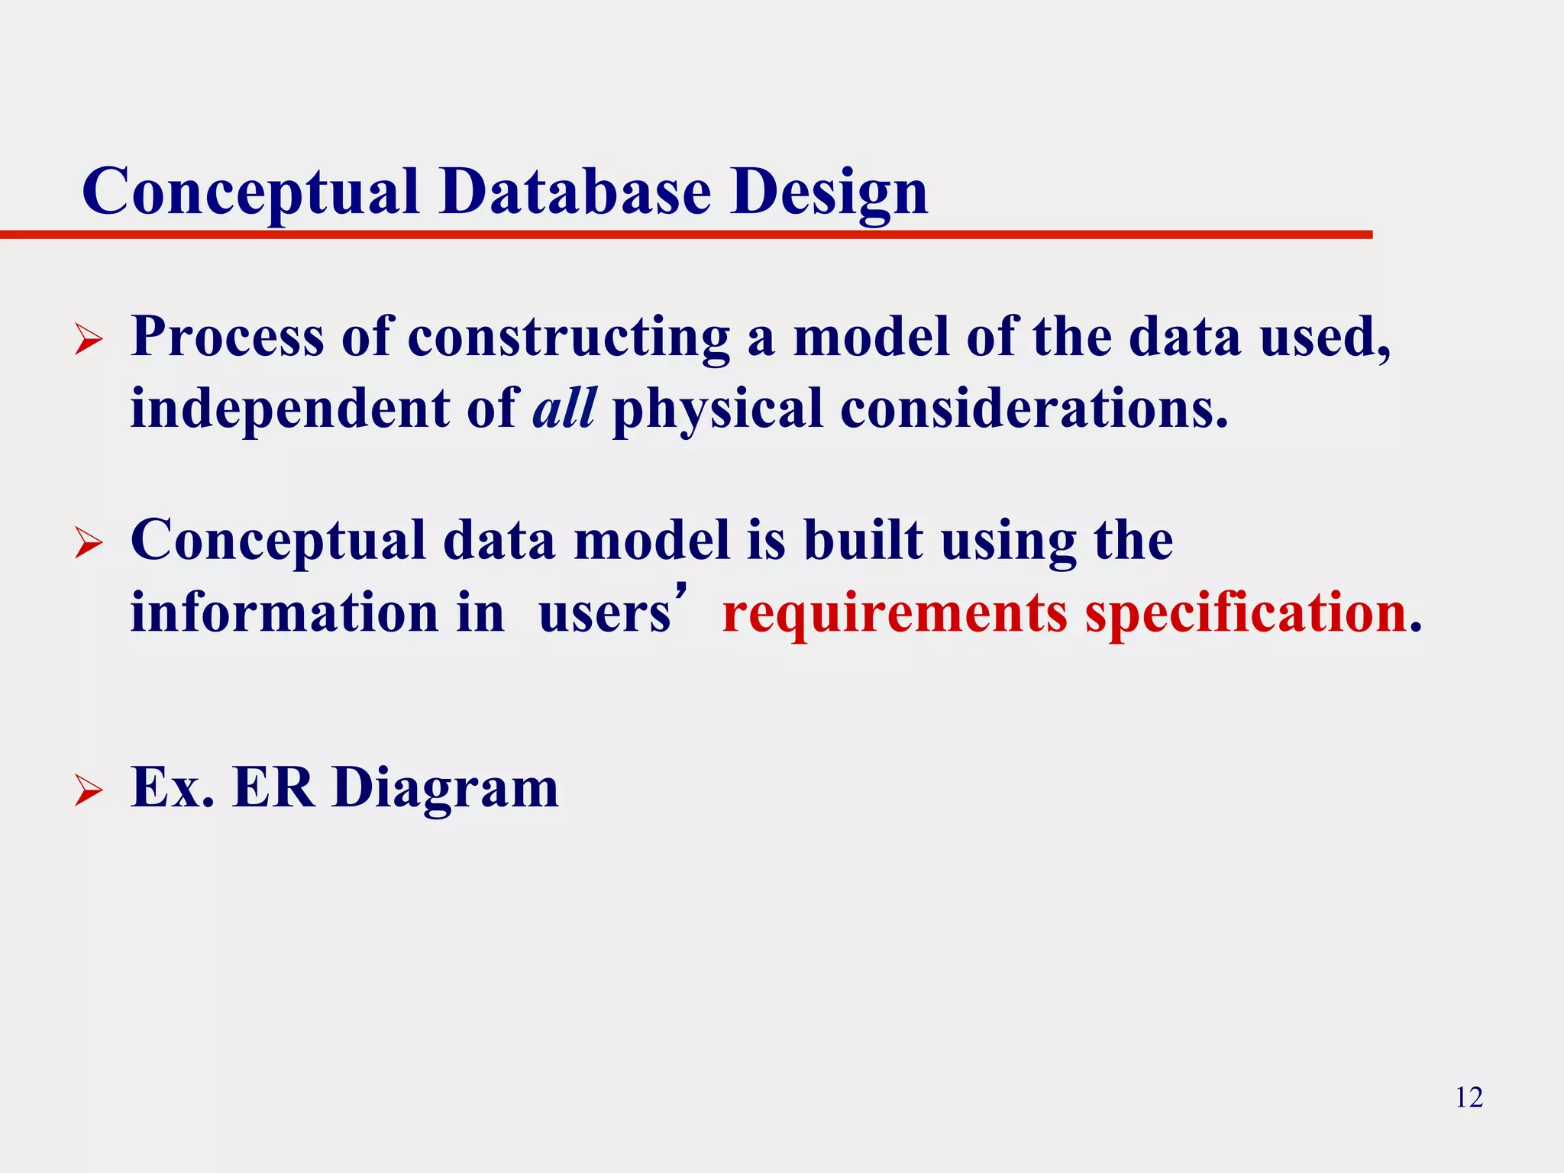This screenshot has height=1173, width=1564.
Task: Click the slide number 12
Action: [1469, 1097]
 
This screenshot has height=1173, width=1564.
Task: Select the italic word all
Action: [564, 407]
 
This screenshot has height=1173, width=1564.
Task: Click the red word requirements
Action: [894, 613]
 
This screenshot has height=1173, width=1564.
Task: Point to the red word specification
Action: [1246, 613]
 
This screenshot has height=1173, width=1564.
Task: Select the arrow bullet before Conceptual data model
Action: [89, 544]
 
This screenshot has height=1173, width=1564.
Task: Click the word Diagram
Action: [445, 788]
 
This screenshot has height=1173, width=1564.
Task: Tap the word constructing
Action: [568, 338]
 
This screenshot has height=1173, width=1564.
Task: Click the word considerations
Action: [1034, 407]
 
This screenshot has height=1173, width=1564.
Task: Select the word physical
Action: [717, 409]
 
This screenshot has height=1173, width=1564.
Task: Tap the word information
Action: [284, 612]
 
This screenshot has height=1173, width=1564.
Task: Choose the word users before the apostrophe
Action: [604, 614]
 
